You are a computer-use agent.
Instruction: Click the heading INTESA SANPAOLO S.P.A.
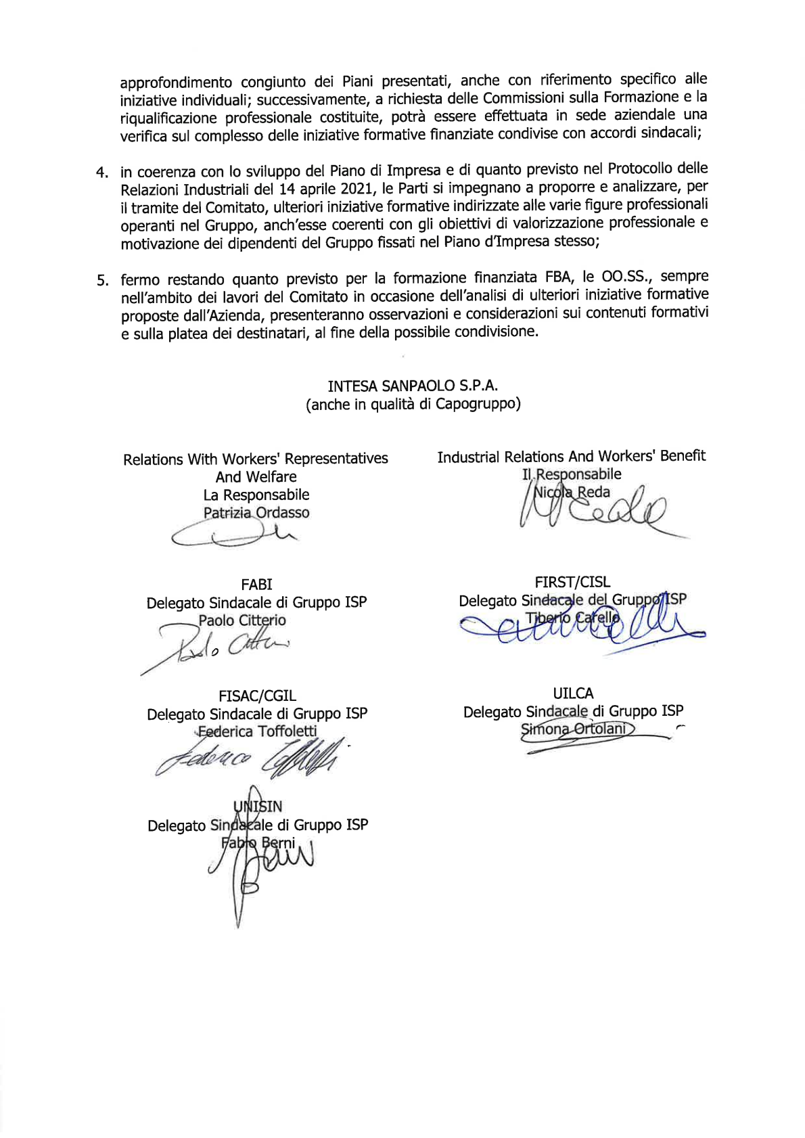413,386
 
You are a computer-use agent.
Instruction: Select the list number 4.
102,172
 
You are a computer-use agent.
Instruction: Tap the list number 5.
102,280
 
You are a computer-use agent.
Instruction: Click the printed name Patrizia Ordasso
256,513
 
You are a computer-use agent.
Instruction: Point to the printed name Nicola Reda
572,493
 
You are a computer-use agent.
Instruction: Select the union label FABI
256,584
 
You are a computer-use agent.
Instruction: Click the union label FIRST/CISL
572,582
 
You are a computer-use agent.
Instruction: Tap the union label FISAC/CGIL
257,696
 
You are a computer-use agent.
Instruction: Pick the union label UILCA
573,693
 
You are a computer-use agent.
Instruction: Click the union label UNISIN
258,806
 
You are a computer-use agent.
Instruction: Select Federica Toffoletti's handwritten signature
250,758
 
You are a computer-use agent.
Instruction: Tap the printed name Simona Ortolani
574,729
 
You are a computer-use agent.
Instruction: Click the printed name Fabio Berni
258,844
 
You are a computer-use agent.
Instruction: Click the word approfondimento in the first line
177,83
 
